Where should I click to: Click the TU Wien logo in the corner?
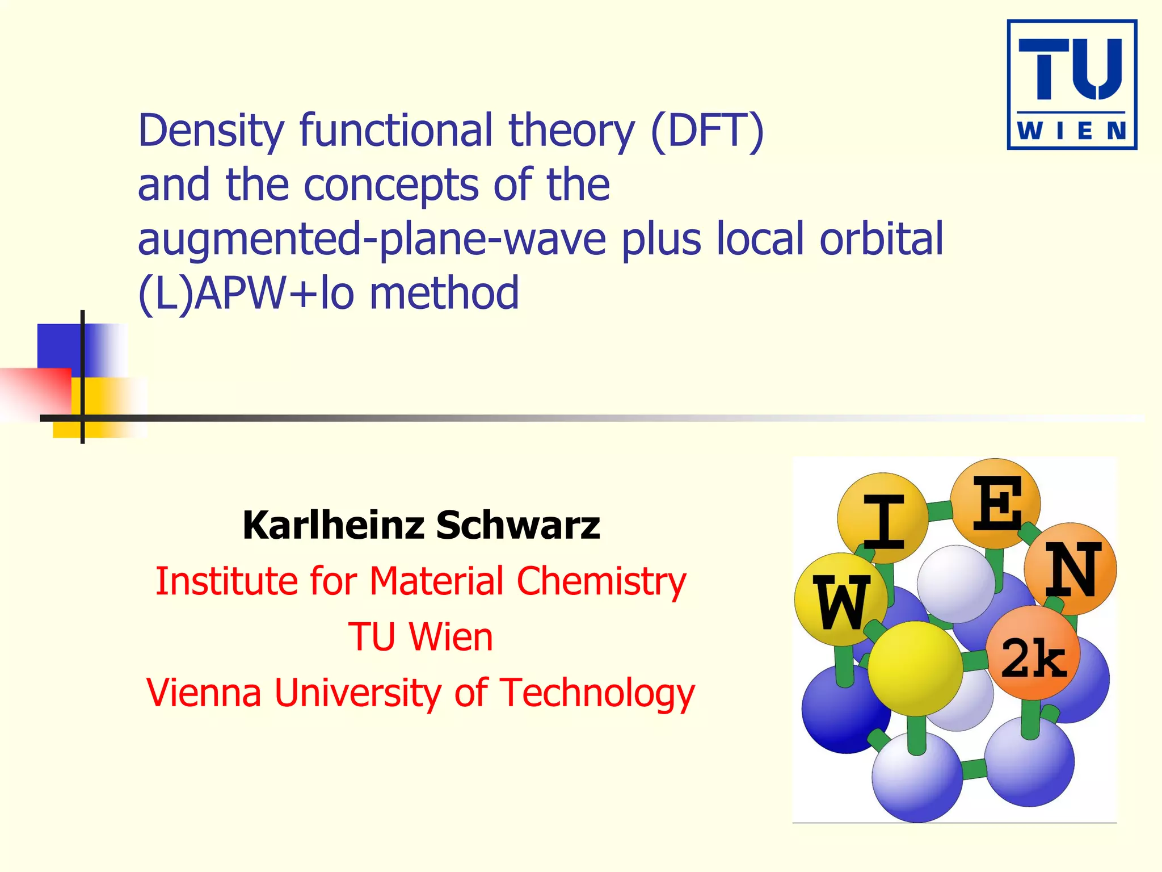(1071, 85)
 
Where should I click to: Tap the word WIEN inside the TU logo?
(1071, 131)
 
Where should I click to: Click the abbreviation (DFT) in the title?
(707, 131)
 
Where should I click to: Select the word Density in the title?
(210, 131)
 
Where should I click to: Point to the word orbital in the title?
(881, 239)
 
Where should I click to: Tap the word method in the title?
(444, 294)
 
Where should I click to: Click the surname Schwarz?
(517, 525)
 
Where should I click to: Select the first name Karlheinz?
(333, 525)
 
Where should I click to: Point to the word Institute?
(225, 582)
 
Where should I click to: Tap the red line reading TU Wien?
(420, 637)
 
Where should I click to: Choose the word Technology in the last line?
(597, 693)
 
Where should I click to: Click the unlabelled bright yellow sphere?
(915, 668)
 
